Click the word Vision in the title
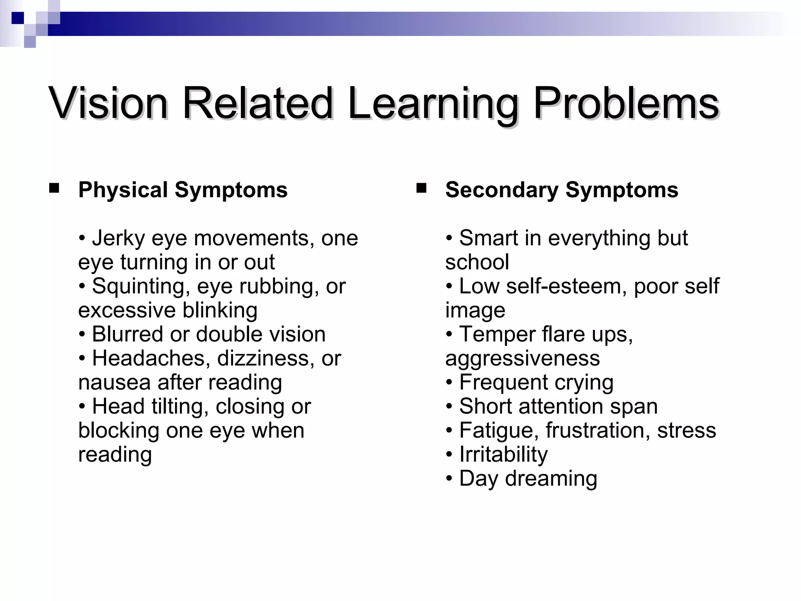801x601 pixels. point(108,104)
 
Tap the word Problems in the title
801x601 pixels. point(626,104)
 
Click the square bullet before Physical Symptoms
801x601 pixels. point(54,189)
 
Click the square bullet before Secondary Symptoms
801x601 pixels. point(421,189)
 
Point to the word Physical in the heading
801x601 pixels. point(123,191)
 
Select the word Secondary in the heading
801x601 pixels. point(502,191)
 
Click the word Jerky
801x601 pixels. point(118,239)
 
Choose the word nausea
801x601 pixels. point(114,383)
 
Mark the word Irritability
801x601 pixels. point(503,455)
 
